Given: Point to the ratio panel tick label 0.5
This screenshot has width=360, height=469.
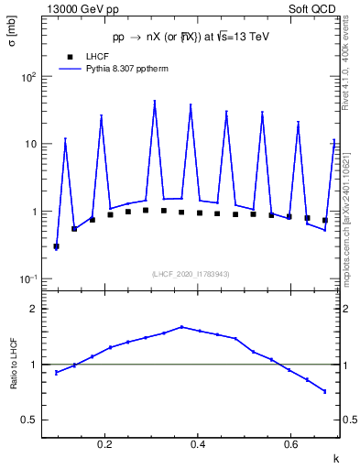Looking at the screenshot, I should tap(29, 420).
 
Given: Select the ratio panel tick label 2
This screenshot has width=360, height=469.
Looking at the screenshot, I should tap(34, 309).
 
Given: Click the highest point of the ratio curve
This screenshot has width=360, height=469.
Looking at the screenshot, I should tap(181, 326).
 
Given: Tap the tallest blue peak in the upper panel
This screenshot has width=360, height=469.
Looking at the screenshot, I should tap(155, 102).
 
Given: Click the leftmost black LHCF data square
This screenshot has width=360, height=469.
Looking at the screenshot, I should tap(57, 246).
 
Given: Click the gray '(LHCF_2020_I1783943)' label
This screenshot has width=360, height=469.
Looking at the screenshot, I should tap(191, 274).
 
